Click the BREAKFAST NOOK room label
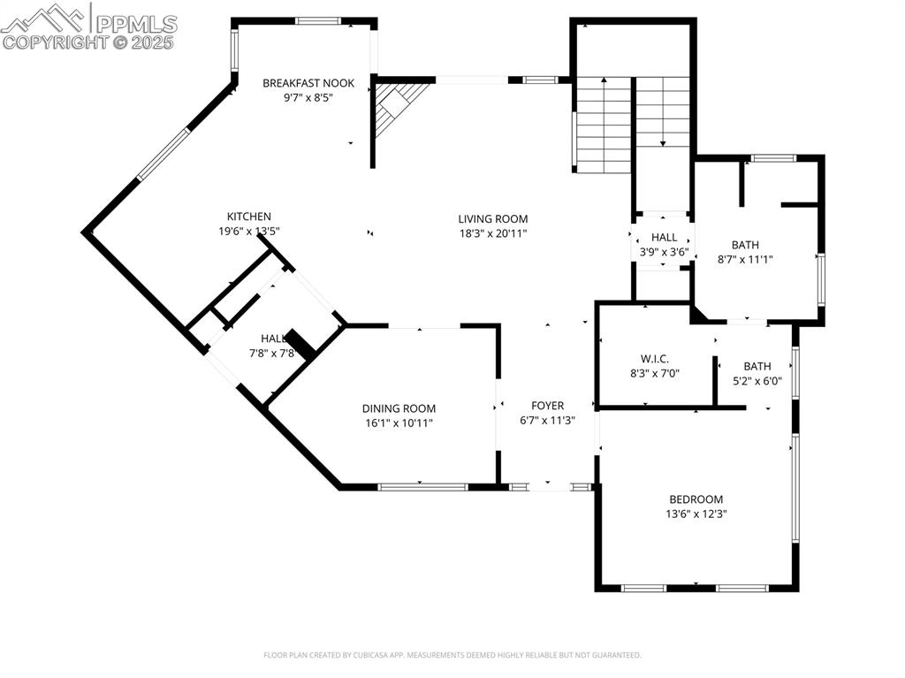(308, 83)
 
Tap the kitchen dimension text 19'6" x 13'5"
(249, 232)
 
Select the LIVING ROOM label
(492, 219)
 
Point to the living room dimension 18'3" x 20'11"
(492, 234)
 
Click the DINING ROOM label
(399, 408)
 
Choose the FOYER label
(547, 406)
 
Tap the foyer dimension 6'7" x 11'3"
(547, 421)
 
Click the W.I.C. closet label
(655, 358)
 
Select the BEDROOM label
(696, 499)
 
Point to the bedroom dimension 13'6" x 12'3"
(696, 514)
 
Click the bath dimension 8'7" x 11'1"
(745, 260)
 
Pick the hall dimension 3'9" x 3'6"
(664, 252)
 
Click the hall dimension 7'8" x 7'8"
(271, 354)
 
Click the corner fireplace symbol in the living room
(394, 103)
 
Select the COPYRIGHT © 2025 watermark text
(88, 42)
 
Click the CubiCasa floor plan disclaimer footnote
(452, 655)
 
